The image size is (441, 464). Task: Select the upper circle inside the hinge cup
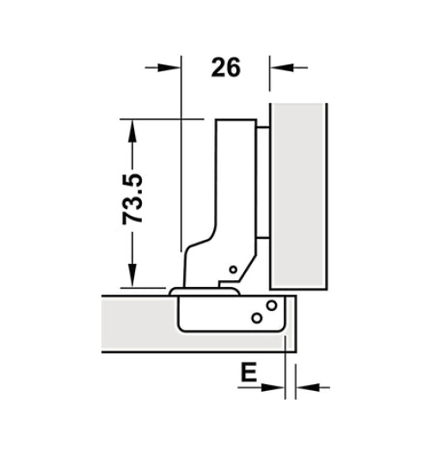coord(271,305)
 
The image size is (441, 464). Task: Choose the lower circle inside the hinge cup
coord(256,318)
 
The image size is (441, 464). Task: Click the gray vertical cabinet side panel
coord(299,196)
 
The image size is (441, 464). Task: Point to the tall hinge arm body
coord(230,189)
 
